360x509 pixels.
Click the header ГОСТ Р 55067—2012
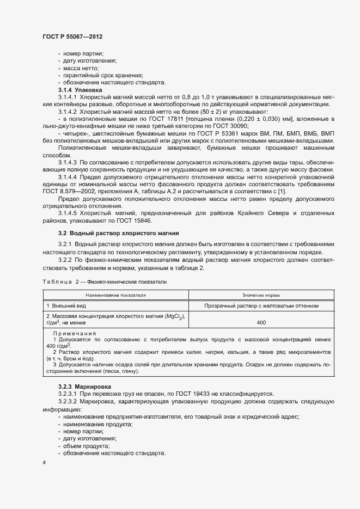point(72,36)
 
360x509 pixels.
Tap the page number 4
point(44,462)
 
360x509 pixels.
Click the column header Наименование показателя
point(115,294)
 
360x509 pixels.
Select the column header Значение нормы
point(261,294)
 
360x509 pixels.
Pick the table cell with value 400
point(261,323)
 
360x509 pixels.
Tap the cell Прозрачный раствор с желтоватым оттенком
point(261,306)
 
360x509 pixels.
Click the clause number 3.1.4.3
point(68,163)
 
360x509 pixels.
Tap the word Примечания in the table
point(74,333)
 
